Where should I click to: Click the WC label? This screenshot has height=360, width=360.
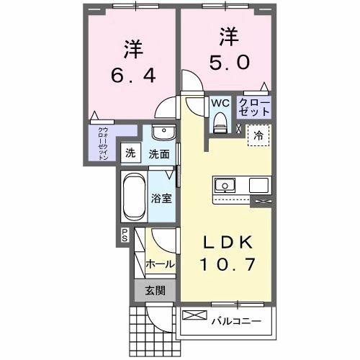(220, 102)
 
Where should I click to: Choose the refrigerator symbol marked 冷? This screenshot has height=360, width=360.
(257, 134)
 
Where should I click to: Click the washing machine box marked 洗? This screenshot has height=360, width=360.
(130, 153)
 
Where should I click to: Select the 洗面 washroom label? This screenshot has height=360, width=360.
(159, 153)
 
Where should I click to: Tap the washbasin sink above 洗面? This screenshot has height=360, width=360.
(163, 133)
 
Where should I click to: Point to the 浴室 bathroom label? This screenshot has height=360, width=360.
(161, 199)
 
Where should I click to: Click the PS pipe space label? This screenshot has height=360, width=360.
(124, 235)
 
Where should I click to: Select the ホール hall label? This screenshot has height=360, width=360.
(160, 264)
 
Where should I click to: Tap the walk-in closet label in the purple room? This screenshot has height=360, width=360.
(103, 143)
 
